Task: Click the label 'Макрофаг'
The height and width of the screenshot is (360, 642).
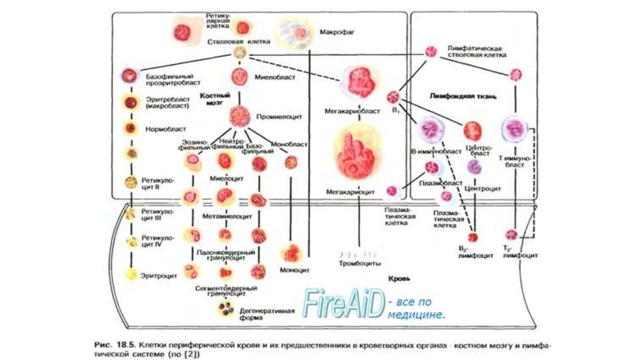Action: [337, 31]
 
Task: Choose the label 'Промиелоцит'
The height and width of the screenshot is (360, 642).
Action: [273, 117]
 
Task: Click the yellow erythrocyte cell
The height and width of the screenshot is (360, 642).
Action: [131, 273]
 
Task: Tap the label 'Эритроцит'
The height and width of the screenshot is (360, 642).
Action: [157, 273]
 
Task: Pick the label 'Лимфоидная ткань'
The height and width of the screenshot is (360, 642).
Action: [464, 97]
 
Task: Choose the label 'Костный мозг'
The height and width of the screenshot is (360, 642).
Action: [216, 98]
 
